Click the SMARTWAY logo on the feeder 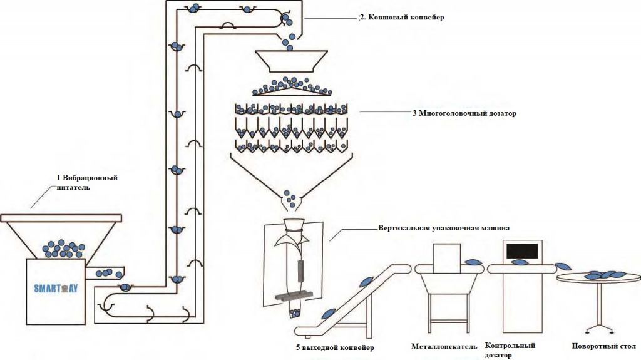point(56,289)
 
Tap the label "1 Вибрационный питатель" point(87,183)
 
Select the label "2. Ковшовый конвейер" point(401,17)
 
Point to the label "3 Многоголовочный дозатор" point(464,113)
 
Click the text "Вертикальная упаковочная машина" point(444,228)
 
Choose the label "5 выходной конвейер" point(336,347)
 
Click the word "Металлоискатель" point(444,346)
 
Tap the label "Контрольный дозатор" point(510,350)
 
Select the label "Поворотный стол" point(604,346)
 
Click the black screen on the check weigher point(522,251)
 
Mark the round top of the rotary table point(599,278)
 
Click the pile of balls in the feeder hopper point(63,249)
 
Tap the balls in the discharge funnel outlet point(290,198)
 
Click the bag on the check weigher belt point(520,262)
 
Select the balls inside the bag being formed point(294,314)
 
